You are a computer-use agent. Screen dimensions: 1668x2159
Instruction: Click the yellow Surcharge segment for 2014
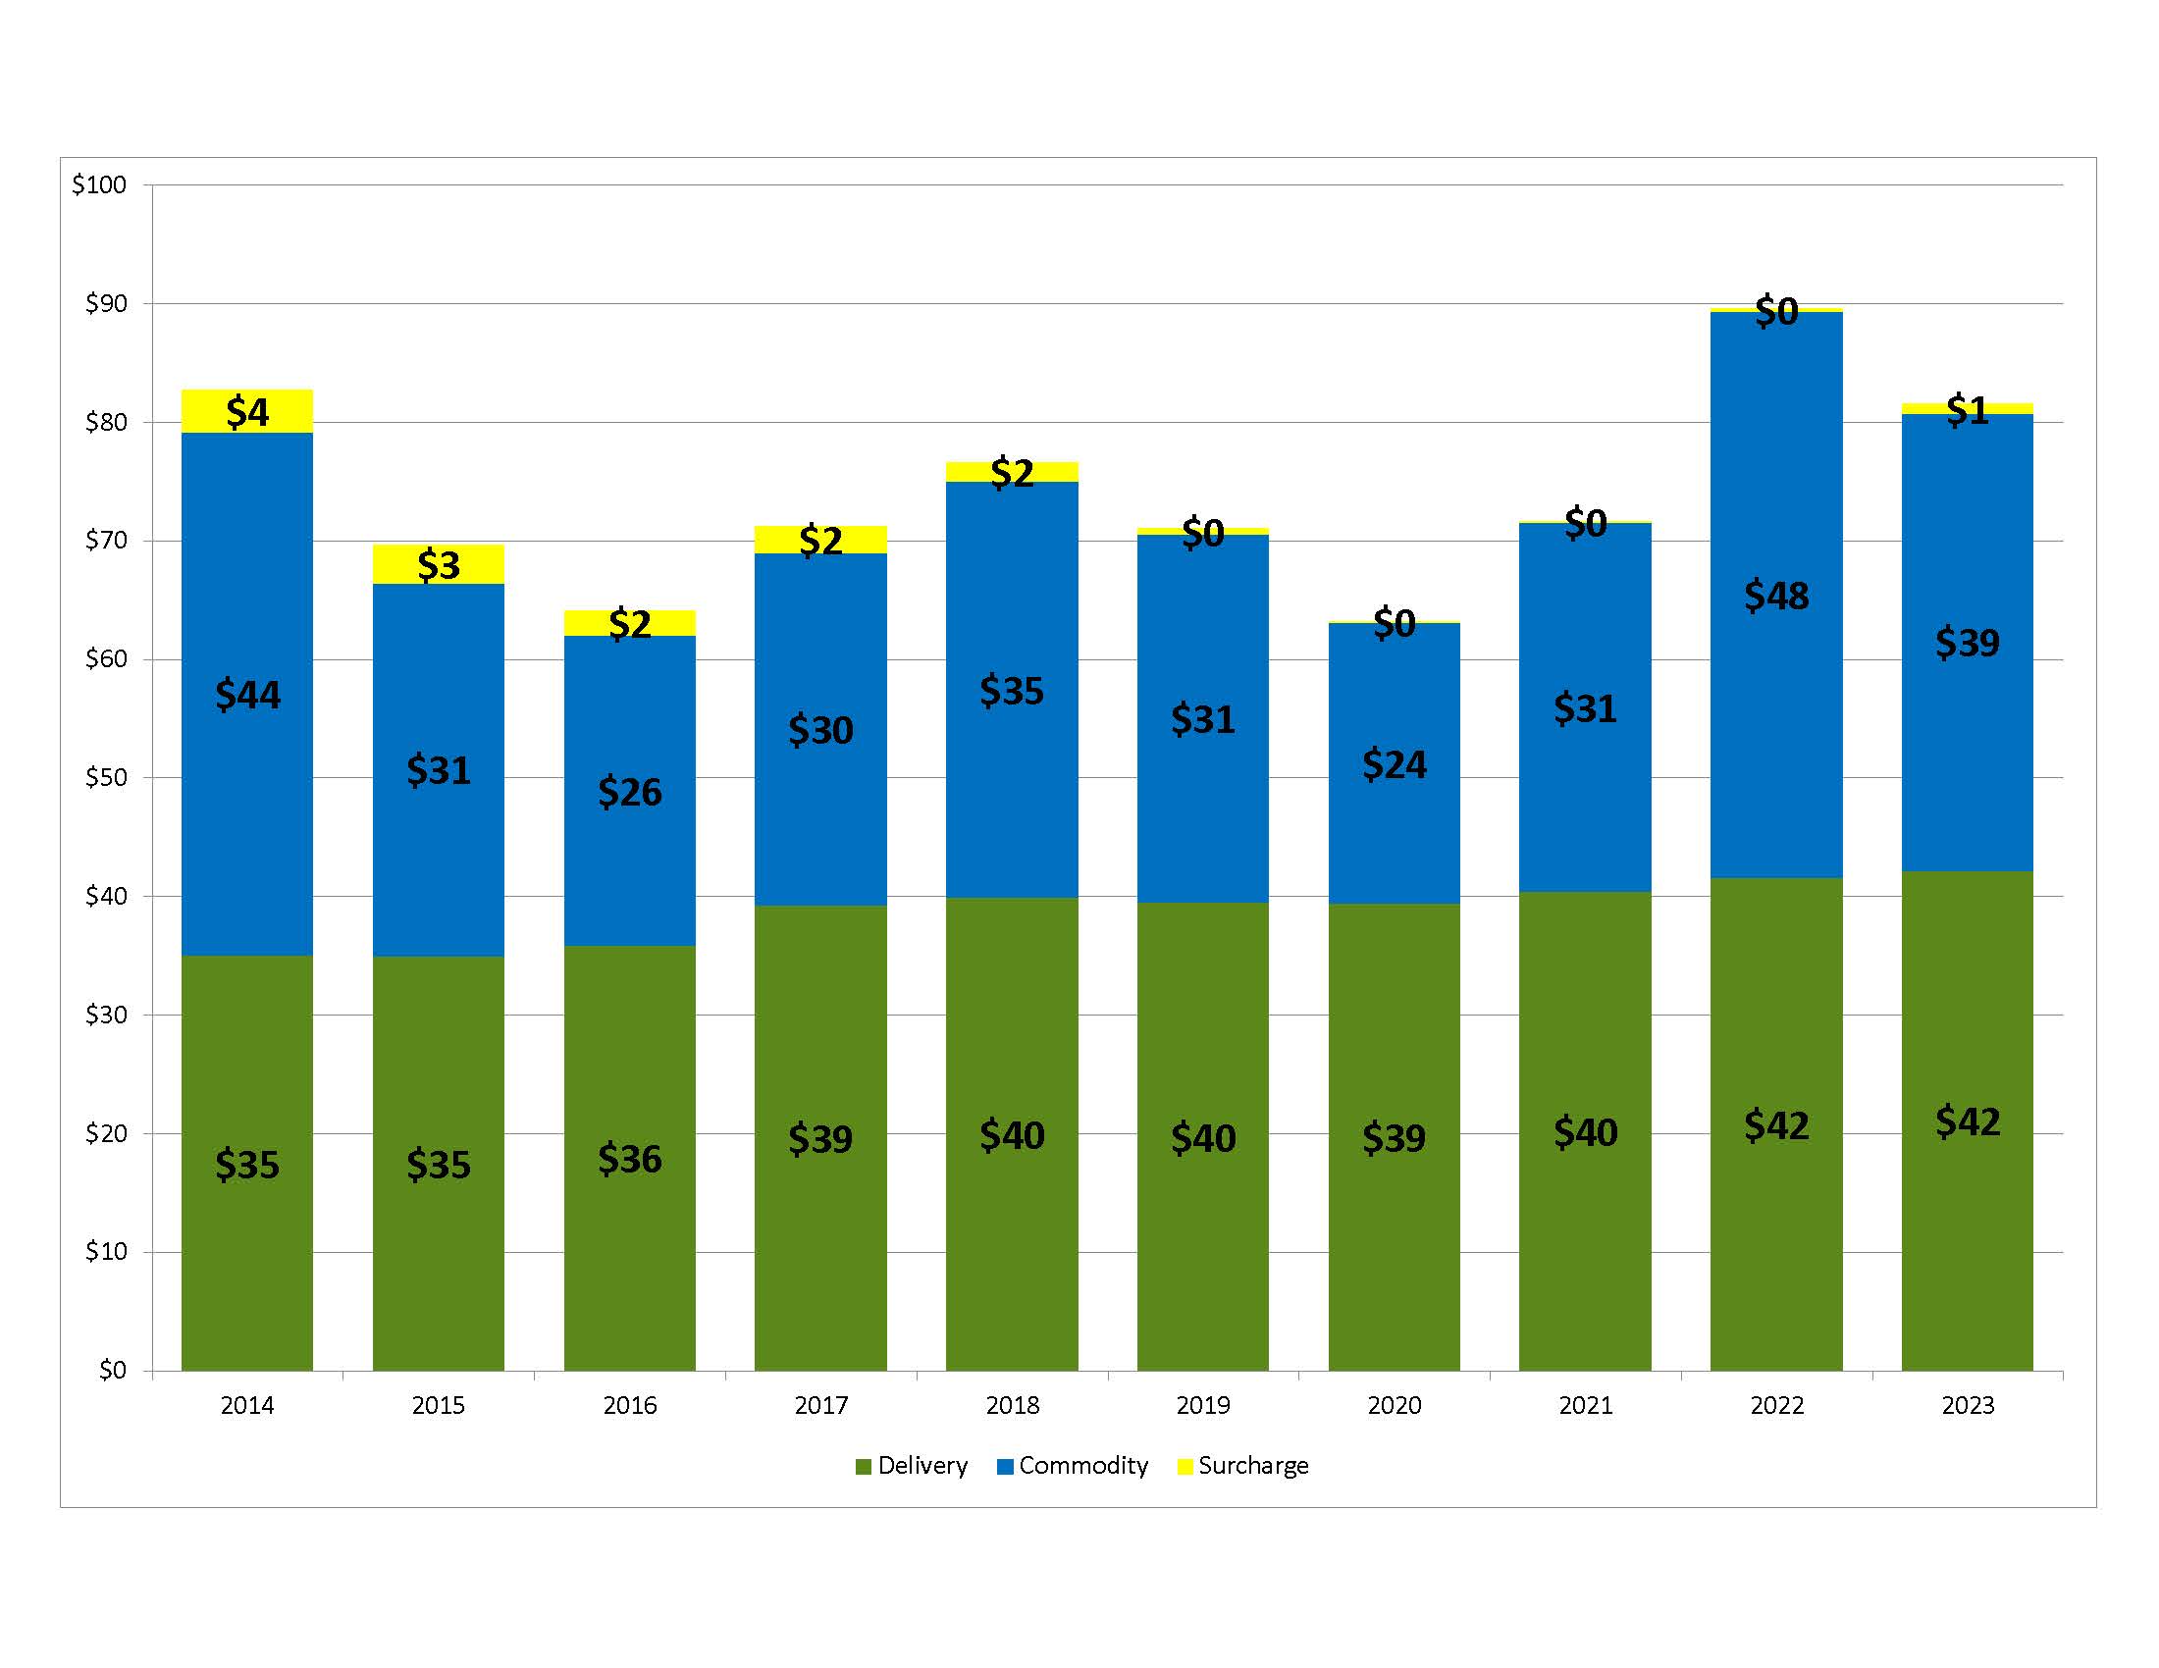click(247, 411)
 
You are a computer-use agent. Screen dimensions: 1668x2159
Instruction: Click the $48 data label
click(1775, 596)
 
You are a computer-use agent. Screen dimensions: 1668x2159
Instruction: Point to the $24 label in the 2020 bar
click(1394, 763)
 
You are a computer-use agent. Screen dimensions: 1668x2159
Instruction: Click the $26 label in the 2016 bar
click(630, 792)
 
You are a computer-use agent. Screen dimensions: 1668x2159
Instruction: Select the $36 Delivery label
click(630, 1159)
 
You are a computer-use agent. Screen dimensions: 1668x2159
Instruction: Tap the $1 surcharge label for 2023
click(1967, 409)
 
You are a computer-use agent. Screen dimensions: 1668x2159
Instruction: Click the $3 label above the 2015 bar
click(438, 565)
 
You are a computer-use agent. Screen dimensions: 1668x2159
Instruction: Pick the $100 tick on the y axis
click(99, 184)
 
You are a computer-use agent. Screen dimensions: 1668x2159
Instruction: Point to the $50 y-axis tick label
click(105, 778)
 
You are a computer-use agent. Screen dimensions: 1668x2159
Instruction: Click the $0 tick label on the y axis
click(112, 1370)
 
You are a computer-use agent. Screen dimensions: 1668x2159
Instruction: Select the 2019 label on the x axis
click(1202, 1405)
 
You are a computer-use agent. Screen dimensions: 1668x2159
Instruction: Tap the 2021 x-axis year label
click(1585, 1405)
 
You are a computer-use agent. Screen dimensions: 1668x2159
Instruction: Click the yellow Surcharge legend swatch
click(1185, 1467)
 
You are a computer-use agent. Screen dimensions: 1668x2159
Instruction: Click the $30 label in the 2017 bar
click(819, 730)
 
